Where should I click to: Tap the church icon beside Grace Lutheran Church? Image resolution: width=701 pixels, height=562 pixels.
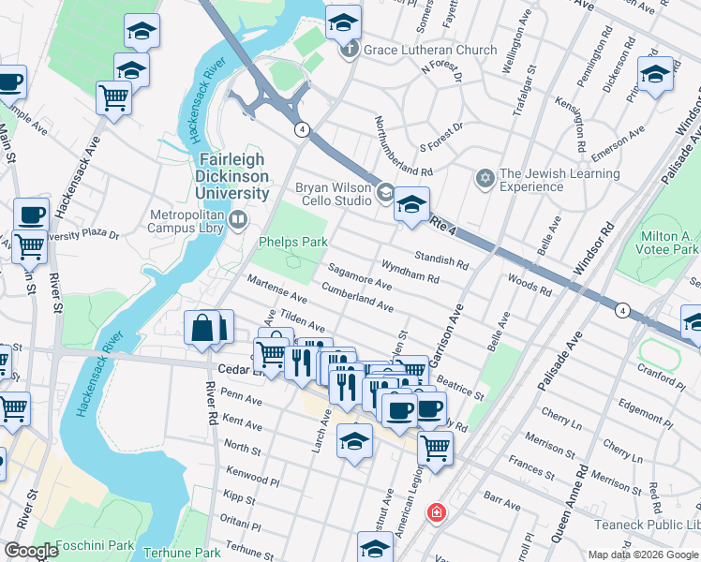click(350, 50)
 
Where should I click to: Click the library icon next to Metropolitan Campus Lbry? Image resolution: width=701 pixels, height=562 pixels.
click(238, 221)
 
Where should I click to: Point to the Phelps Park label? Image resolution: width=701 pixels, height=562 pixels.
click(292, 242)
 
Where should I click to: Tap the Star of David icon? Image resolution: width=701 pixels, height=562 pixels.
click(485, 178)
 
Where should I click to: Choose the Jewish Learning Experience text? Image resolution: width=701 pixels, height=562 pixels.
click(559, 180)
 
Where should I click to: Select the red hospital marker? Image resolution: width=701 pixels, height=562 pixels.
click(436, 512)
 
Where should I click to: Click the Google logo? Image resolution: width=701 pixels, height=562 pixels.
click(31, 551)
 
